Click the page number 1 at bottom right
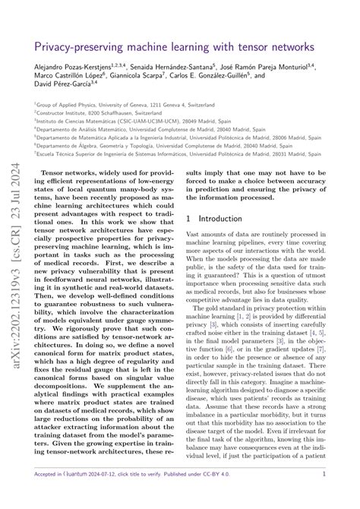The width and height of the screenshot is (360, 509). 324,494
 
